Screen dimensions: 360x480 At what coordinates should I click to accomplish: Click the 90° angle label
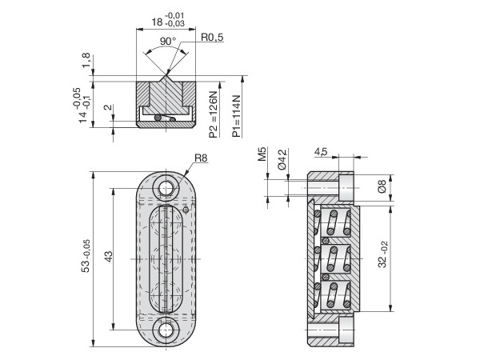pyautogui.click(x=166, y=41)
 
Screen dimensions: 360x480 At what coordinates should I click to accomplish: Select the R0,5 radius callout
pyautogui.click(x=212, y=37)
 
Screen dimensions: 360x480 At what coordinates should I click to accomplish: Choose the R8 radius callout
pyautogui.click(x=200, y=158)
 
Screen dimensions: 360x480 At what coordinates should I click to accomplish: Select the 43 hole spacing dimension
pyautogui.click(x=110, y=255)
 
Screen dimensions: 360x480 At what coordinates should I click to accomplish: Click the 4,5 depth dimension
pyautogui.click(x=320, y=150)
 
